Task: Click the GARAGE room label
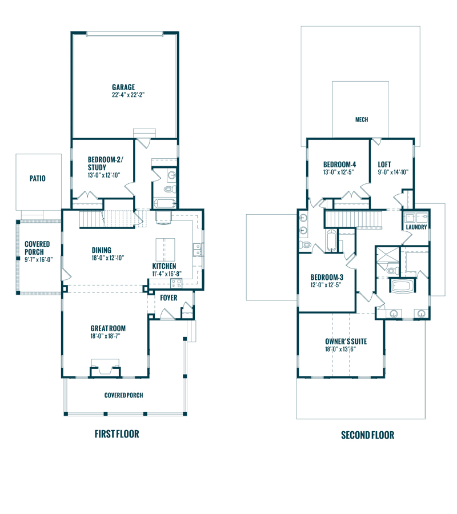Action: (123, 87)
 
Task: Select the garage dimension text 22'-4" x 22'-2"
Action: (128, 95)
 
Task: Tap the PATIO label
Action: (37, 179)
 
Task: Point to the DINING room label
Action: (101, 250)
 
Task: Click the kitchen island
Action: (165, 249)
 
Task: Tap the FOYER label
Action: (169, 298)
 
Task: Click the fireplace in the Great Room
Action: (105, 368)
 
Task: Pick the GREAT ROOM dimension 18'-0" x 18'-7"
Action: (108, 336)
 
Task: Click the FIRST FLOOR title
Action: (117, 434)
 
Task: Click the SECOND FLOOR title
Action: (367, 435)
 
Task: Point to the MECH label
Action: (361, 120)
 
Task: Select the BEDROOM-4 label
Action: (339, 163)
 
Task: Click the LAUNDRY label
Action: (416, 227)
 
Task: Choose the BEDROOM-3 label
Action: (326, 278)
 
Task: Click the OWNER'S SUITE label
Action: (346, 342)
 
